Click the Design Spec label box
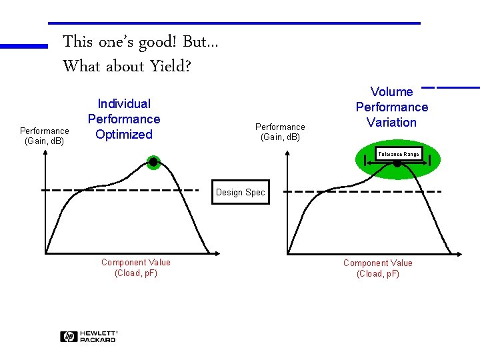point(240,193)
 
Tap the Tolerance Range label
point(399,155)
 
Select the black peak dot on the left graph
point(153,162)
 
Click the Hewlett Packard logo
point(89,337)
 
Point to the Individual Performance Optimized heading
point(124,119)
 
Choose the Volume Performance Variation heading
point(392,107)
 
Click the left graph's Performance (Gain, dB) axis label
point(44,136)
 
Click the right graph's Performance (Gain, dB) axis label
point(280,132)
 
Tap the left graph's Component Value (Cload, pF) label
point(136,268)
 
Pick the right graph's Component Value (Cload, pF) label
point(378,268)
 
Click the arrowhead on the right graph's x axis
point(457,253)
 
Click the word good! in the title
point(158,42)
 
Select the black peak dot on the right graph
point(397,164)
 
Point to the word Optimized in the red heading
point(124,134)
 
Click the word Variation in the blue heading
point(392,122)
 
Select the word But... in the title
point(200,42)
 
